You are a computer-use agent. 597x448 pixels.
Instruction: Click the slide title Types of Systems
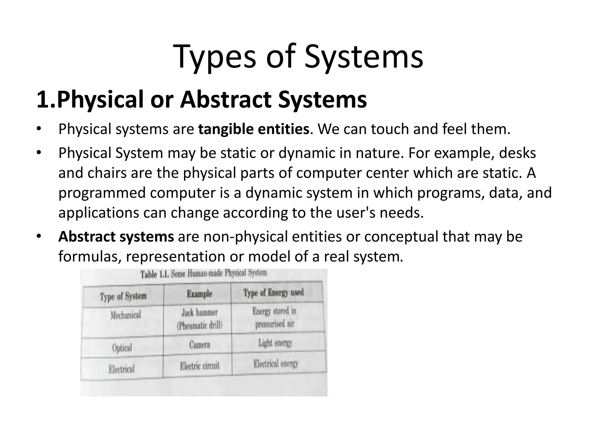(x=298, y=57)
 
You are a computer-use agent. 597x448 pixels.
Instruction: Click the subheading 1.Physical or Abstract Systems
(x=201, y=99)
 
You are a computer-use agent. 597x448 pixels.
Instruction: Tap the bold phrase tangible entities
(x=253, y=129)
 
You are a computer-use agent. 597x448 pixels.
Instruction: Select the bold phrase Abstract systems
(x=116, y=237)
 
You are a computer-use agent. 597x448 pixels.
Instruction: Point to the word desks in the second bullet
(x=517, y=153)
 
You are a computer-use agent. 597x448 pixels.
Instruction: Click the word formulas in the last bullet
(x=90, y=257)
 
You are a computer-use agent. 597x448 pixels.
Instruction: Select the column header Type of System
(x=123, y=296)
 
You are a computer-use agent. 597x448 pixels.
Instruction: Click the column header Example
(x=199, y=293)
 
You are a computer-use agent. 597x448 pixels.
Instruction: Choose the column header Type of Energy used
(x=273, y=293)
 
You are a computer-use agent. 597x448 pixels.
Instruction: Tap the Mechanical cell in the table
(x=125, y=315)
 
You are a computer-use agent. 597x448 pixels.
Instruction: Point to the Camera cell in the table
(x=199, y=345)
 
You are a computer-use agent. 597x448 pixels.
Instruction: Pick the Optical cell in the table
(x=122, y=348)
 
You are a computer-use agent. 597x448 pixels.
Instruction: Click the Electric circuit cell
(x=199, y=366)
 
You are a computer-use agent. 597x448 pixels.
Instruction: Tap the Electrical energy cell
(x=276, y=364)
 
